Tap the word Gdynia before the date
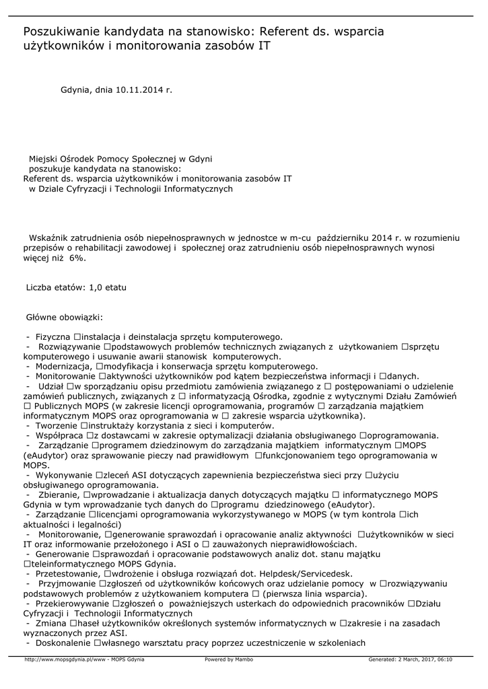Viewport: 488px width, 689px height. tap(75, 89)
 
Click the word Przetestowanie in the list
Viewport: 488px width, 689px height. tap(67, 573)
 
